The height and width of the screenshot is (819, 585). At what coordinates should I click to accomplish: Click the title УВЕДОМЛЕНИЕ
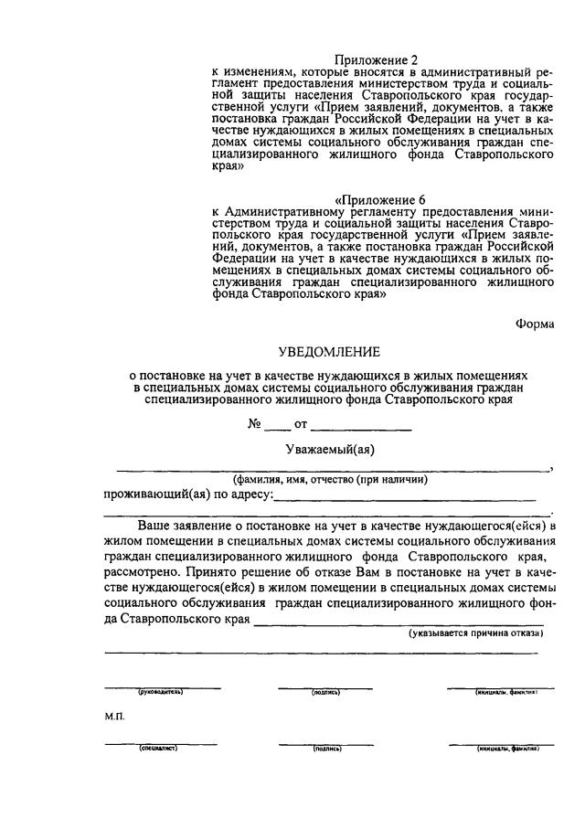(x=329, y=352)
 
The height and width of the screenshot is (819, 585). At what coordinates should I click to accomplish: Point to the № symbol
(x=255, y=424)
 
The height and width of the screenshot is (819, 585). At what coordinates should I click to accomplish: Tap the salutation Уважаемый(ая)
(x=330, y=448)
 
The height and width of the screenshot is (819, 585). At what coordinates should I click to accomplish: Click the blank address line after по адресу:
(x=404, y=496)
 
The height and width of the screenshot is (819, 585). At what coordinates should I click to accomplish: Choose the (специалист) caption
(x=157, y=748)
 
